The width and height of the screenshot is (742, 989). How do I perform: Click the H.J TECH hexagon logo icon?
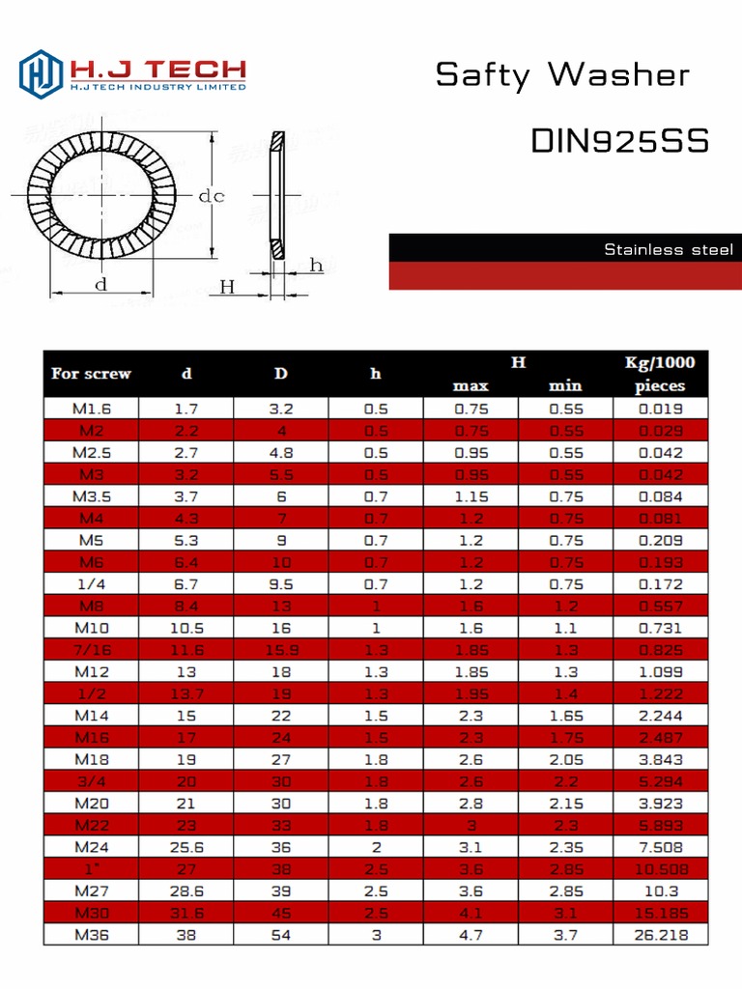coord(41,73)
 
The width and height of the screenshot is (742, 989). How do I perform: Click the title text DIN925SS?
coord(619,141)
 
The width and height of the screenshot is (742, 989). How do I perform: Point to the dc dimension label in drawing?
coord(212,196)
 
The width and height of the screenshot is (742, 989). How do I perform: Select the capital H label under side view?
coord(227,286)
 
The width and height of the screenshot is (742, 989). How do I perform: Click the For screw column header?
coord(91,374)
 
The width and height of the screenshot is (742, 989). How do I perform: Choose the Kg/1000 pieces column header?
coord(660,374)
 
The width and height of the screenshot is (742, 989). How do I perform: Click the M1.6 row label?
coord(91,409)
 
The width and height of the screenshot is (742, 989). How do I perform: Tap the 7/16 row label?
coord(91,650)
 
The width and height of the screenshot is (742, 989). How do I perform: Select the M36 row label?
coord(91,935)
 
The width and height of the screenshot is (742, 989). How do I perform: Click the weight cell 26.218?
coord(660,935)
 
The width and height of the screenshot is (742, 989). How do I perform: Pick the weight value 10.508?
coord(660,869)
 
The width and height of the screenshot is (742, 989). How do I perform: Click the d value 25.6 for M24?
coord(185,847)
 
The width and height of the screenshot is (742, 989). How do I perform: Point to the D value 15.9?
coord(280,650)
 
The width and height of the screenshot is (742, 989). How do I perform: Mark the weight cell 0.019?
coord(660,409)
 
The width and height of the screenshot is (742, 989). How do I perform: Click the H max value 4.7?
coord(471,935)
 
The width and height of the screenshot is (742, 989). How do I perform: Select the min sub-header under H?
coord(565,385)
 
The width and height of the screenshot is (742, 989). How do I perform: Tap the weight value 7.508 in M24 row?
coord(660,847)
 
